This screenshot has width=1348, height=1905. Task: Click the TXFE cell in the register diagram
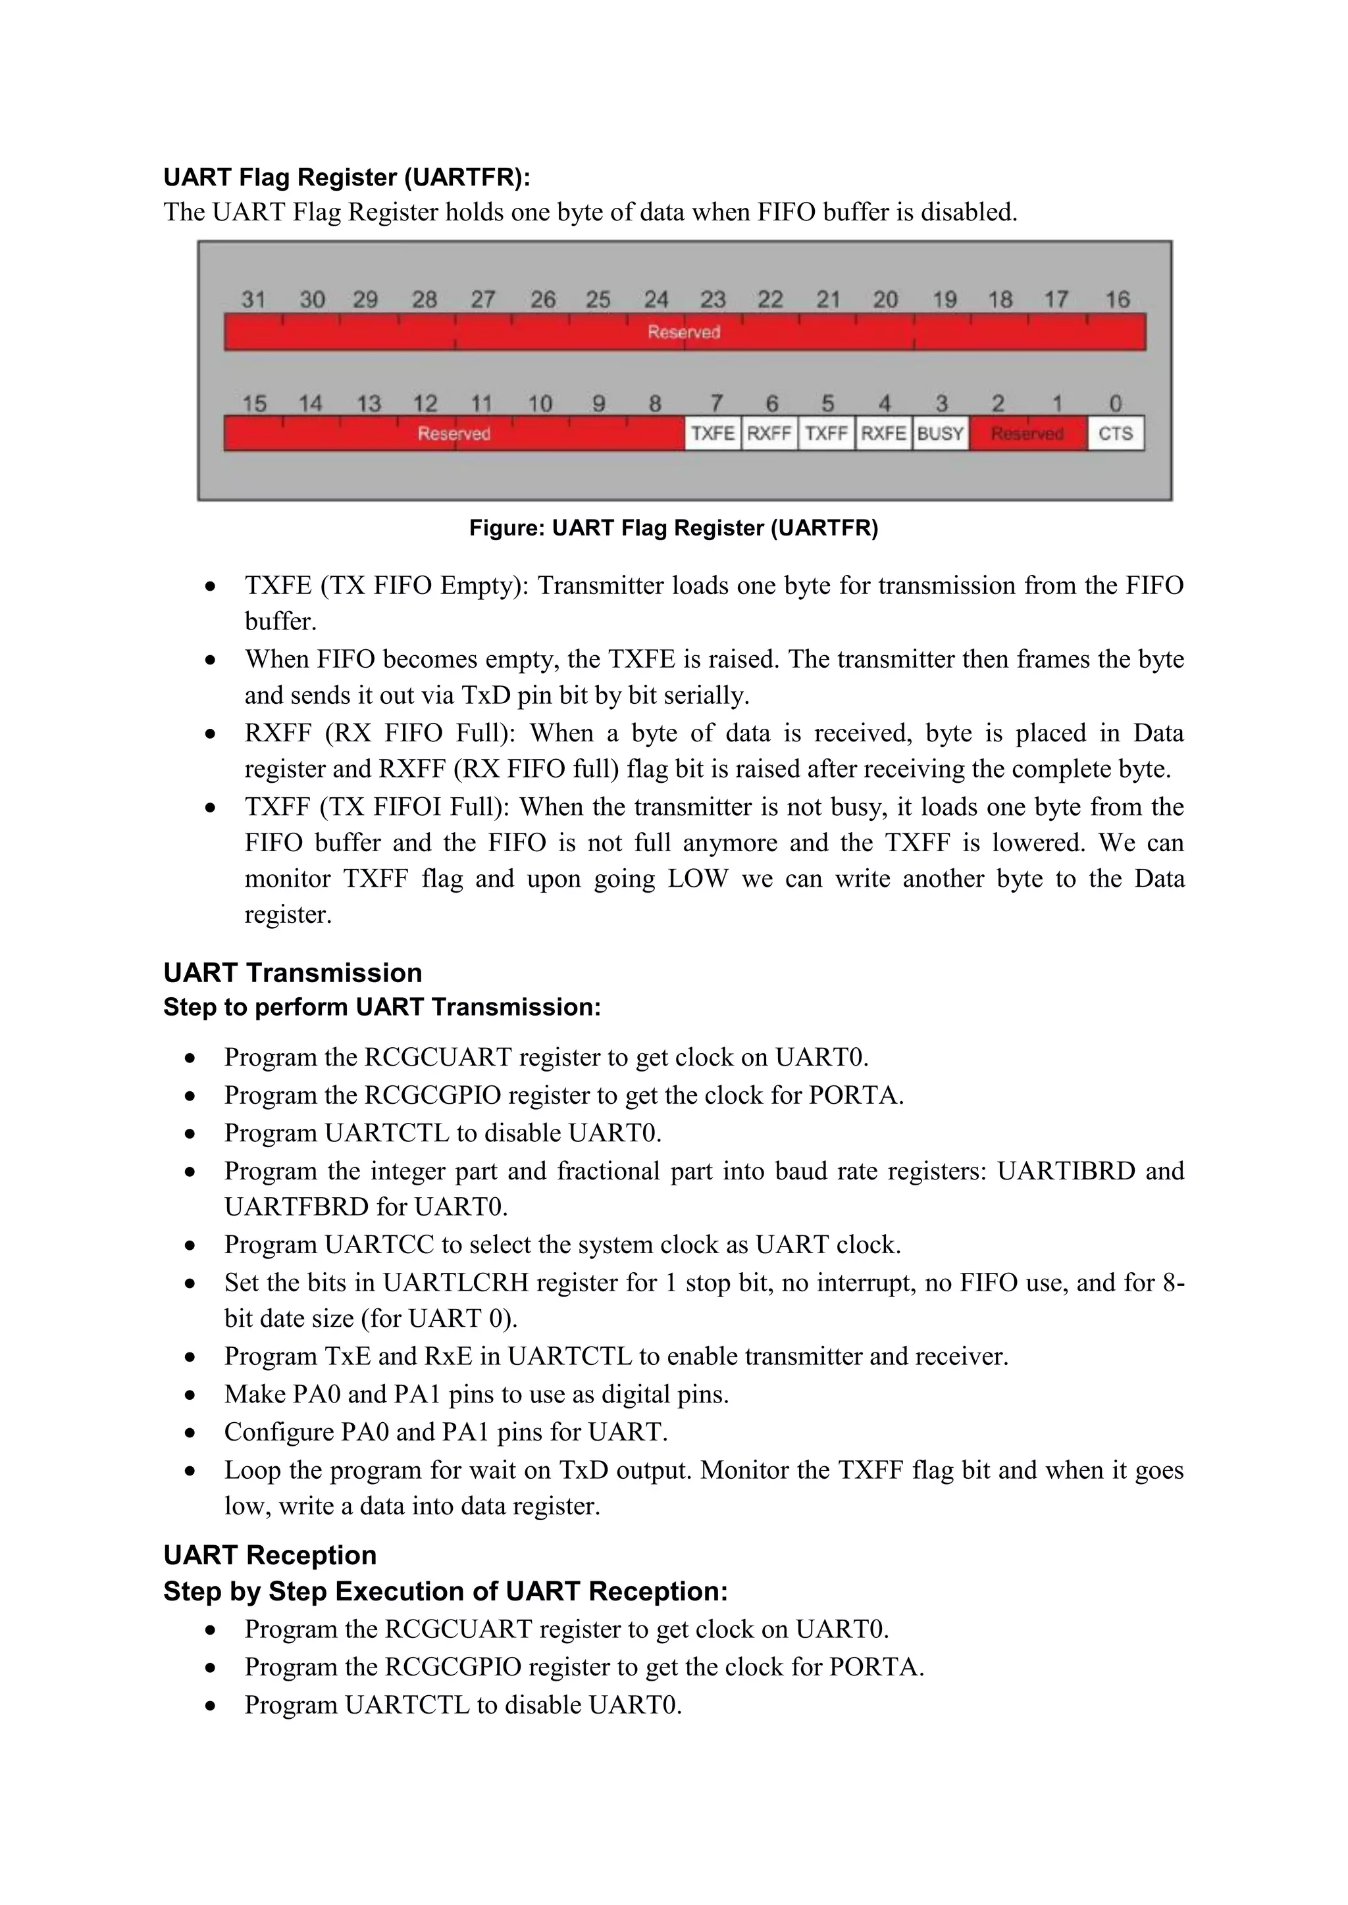pyautogui.click(x=712, y=433)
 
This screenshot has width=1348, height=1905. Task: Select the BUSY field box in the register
pyautogui.click(x=941, y=433)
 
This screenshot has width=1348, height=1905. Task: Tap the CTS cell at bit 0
pyautogui.click(x=1115, y=433)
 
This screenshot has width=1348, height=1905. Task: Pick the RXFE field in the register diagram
pyautogui.click(x=883, y=433)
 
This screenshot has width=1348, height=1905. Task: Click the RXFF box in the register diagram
pyautogui.click(x=769, y=433)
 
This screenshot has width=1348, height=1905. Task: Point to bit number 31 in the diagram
pyautogui.click(x=253, y=299)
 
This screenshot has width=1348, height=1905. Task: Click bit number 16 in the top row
pyautogui.click(x=1117, y=299)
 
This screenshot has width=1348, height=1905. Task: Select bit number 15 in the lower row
pyautogui.click(x=254, y=404)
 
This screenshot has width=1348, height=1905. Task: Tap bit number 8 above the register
pyautogui.click(x=655, y=404)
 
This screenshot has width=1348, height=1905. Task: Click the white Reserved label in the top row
pyautogui.click(x=684, y=332)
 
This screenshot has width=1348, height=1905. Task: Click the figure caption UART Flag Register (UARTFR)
pyautogui.click(x=673, y=528)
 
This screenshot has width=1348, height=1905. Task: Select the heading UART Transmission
pyautogui.click(x=292, y=972)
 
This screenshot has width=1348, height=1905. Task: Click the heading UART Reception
pyautogui.click(x=270, y=1555)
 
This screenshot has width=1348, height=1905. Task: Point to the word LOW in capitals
pyautogui.click(x=697, y=879)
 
